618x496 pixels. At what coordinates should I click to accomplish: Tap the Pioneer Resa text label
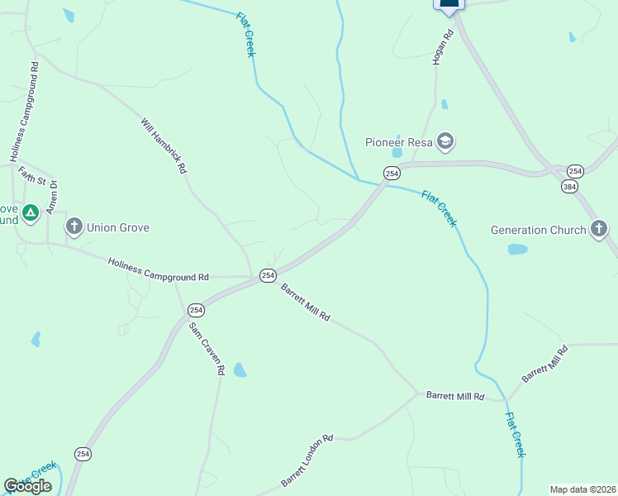point(400,142)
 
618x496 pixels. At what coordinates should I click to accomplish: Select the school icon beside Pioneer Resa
point(446,141)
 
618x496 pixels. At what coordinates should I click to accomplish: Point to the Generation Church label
point(539,230)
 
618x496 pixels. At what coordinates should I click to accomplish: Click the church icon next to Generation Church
point(599,229)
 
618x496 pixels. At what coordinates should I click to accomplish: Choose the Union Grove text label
point(118,227)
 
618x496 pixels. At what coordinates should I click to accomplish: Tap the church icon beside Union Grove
point(74,227)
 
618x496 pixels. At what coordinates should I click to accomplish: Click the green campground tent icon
point(31,213)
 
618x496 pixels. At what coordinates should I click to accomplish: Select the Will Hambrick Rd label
point(164,145)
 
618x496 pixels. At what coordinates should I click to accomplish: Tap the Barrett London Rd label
point(306,460)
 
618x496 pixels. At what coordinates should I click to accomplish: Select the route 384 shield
point(569,188)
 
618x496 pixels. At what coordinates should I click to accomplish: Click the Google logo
point(28,485)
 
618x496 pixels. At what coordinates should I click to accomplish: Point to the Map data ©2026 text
point(582,489)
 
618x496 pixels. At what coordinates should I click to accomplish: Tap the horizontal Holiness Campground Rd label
point(158,269)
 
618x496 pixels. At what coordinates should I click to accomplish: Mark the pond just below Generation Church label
point(517,249)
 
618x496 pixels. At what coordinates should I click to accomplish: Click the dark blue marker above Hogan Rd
point(449,4)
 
